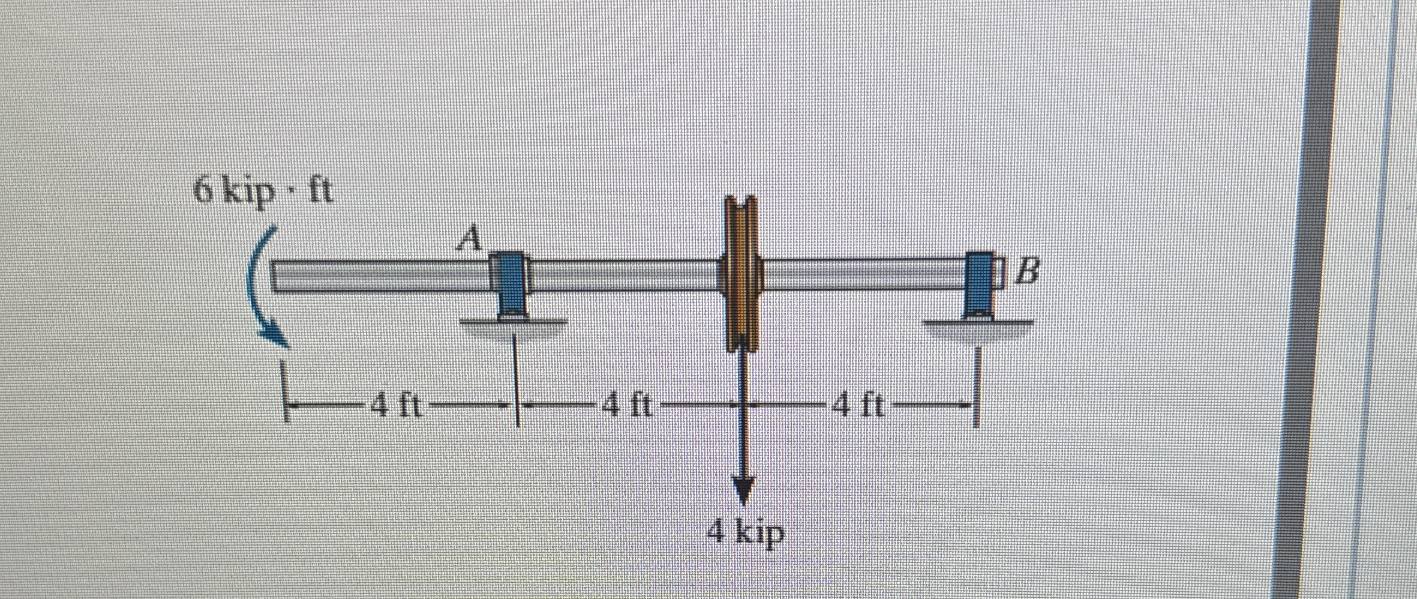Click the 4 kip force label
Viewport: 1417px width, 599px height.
coord(746,531)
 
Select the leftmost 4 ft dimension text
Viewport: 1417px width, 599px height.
coord(396,406)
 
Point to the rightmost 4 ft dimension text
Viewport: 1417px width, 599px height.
coord(858,406)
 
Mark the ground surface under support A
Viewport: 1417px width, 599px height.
coord(513,323)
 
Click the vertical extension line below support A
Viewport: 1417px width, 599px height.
coord(517,378)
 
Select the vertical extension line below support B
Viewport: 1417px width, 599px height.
coord(977,384)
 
